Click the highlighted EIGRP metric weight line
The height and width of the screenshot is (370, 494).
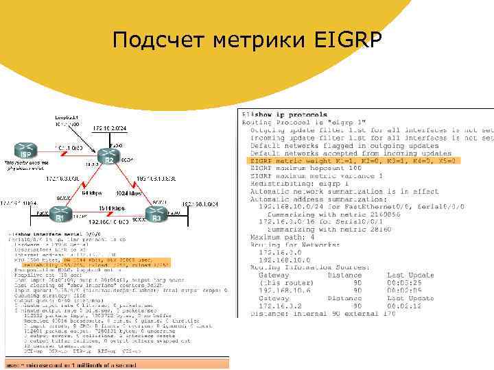coord(351,160)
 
